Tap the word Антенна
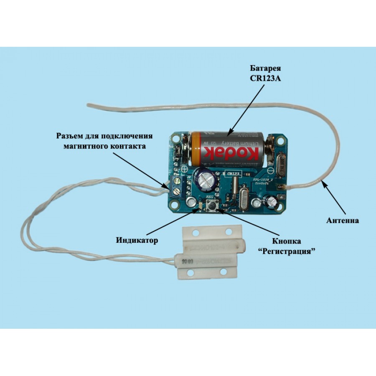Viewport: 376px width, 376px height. click(342, 220)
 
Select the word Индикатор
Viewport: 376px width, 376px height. click(137, 240)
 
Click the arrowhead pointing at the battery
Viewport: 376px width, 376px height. click(228, 135)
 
